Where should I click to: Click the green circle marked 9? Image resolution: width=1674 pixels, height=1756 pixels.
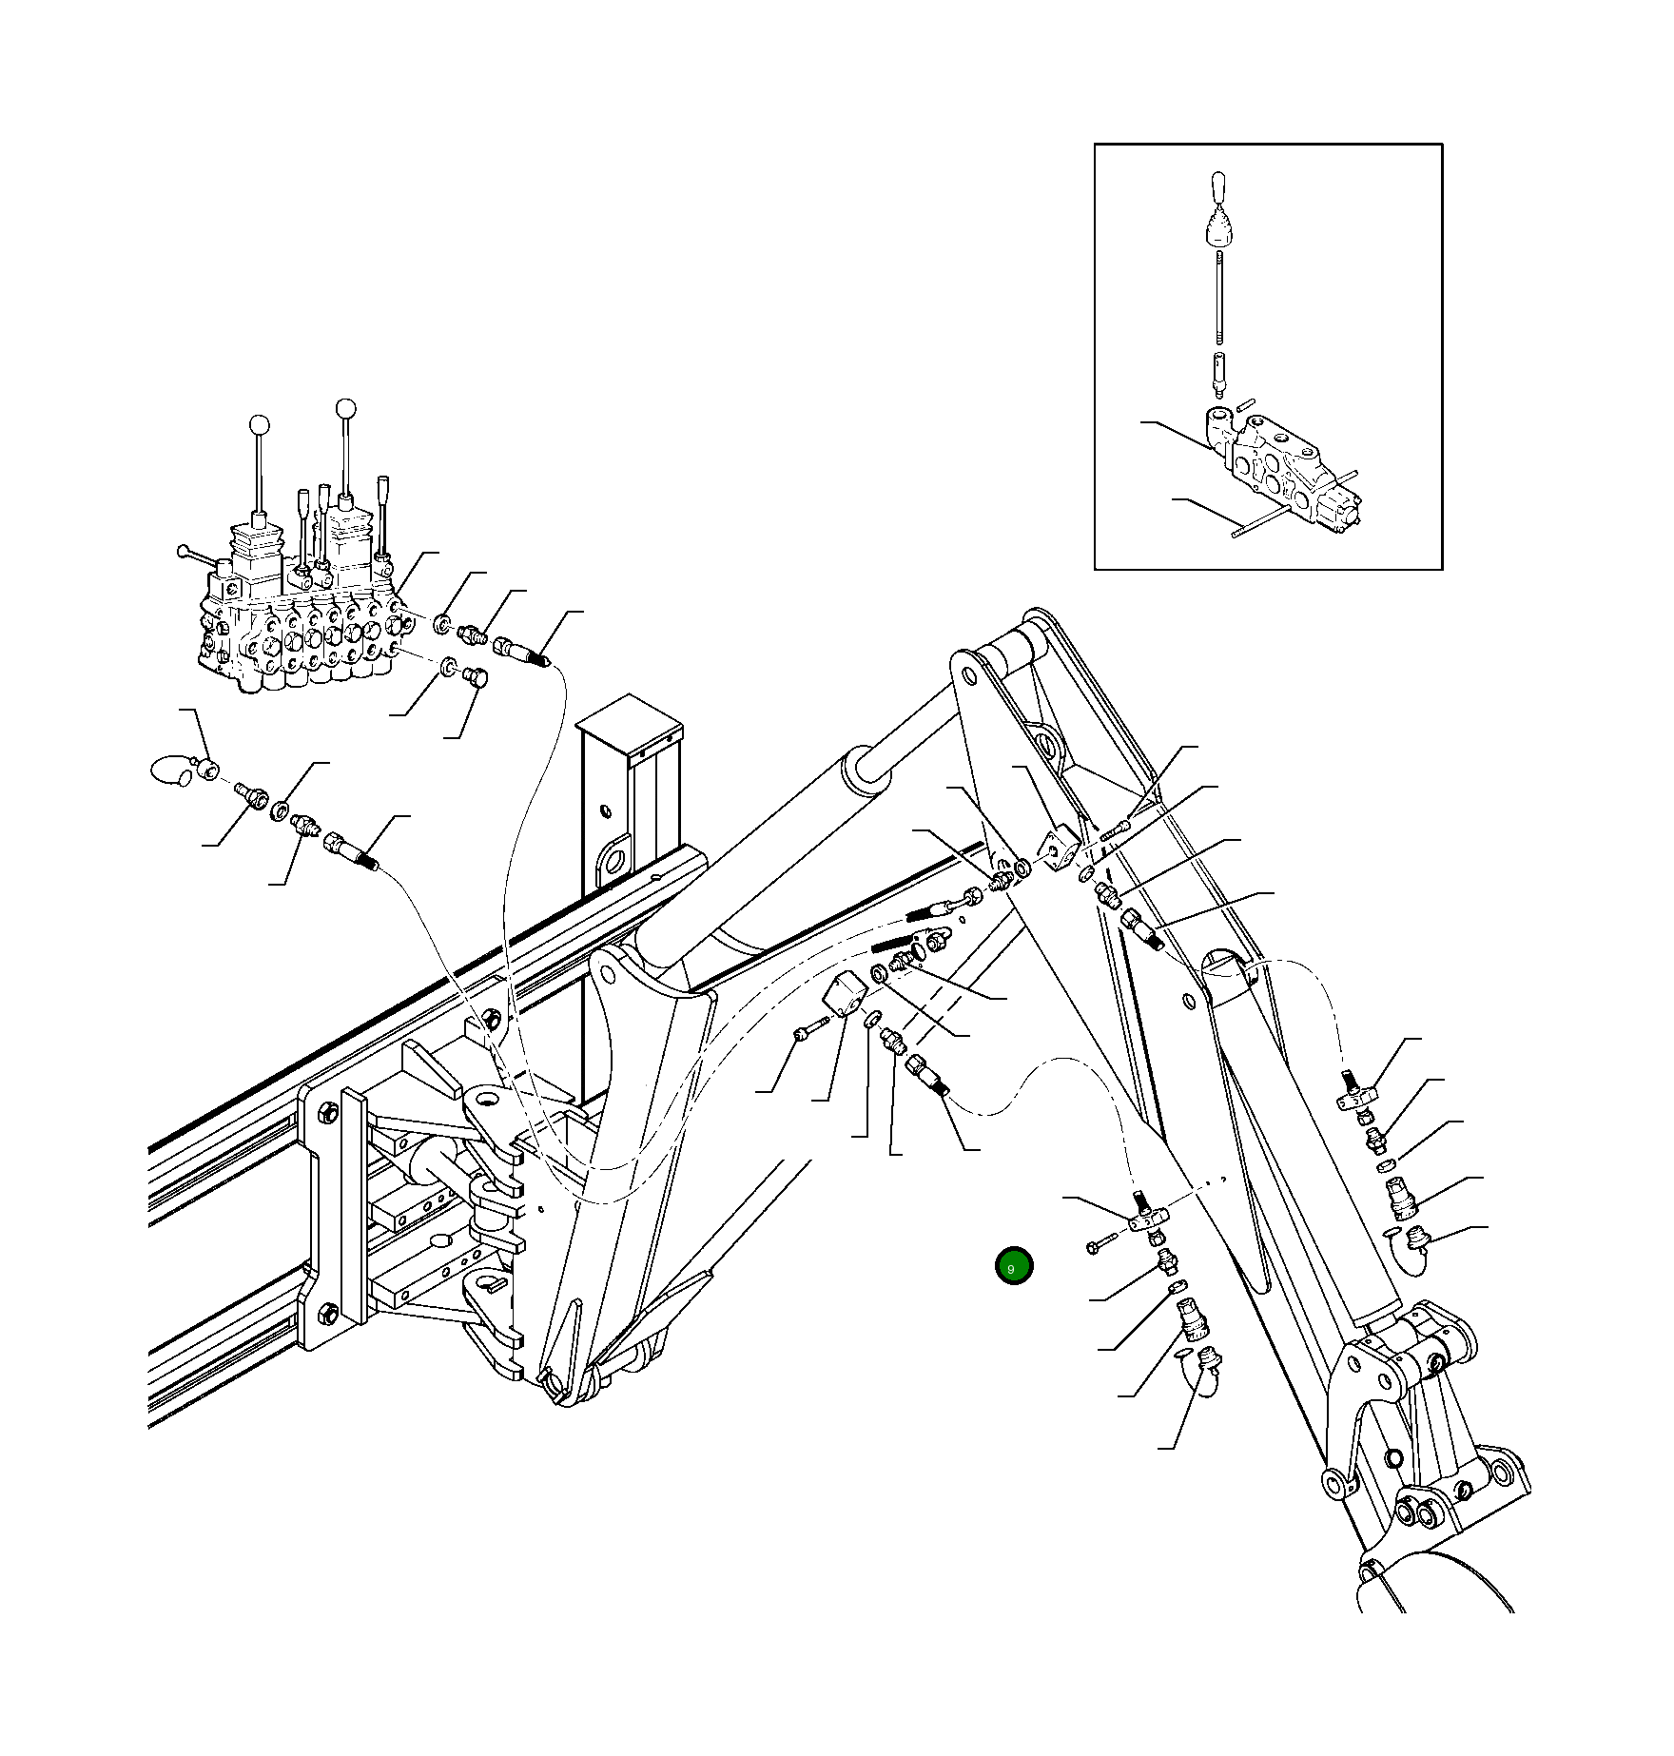tap(1013, 1266)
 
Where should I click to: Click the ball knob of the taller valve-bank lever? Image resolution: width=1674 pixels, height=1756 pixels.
tap(346, 409)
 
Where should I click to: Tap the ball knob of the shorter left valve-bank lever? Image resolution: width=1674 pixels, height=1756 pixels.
tap(259, 425)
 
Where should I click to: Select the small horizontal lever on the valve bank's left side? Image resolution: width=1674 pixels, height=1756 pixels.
tap(195, 555)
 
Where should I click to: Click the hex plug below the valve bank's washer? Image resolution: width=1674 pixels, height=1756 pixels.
tap(475, 677)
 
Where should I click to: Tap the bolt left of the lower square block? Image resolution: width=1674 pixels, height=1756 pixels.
tap(803, 1032)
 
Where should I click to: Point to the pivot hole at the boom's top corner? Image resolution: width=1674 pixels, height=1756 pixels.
tap(969, 675)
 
